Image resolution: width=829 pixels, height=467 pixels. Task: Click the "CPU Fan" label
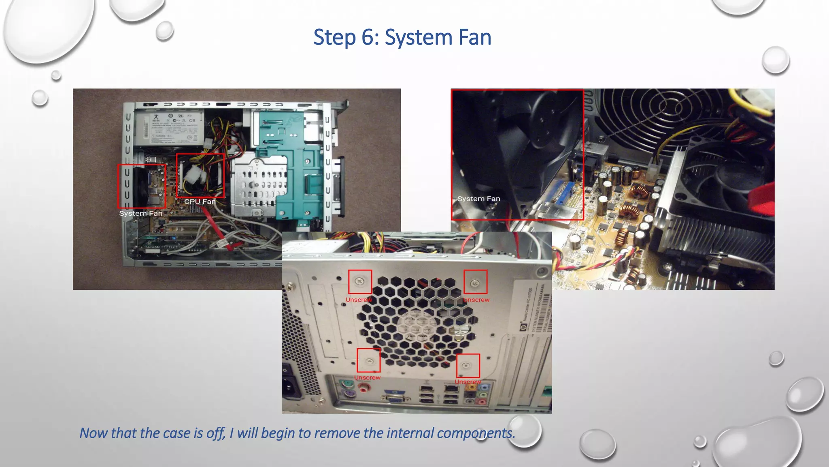[x=200, y=201]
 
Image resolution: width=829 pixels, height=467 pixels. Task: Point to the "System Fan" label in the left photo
[x=140, y=213]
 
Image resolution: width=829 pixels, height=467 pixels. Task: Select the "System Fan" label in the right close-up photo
[x=478, y=199]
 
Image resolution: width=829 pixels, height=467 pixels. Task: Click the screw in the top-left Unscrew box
[x=360, y=281]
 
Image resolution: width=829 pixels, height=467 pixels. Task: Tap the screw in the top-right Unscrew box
[x=475, y=281]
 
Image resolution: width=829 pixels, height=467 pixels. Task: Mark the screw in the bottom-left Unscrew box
[x=369, y=360]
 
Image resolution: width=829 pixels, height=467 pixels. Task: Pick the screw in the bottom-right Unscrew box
[x=466, y=365]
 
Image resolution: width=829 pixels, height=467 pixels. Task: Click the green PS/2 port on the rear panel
[x=346, y=383]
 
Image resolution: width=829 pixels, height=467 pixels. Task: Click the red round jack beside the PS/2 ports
[x=364, y=388]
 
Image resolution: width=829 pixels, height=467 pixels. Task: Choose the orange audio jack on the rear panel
[x=471, y=387]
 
